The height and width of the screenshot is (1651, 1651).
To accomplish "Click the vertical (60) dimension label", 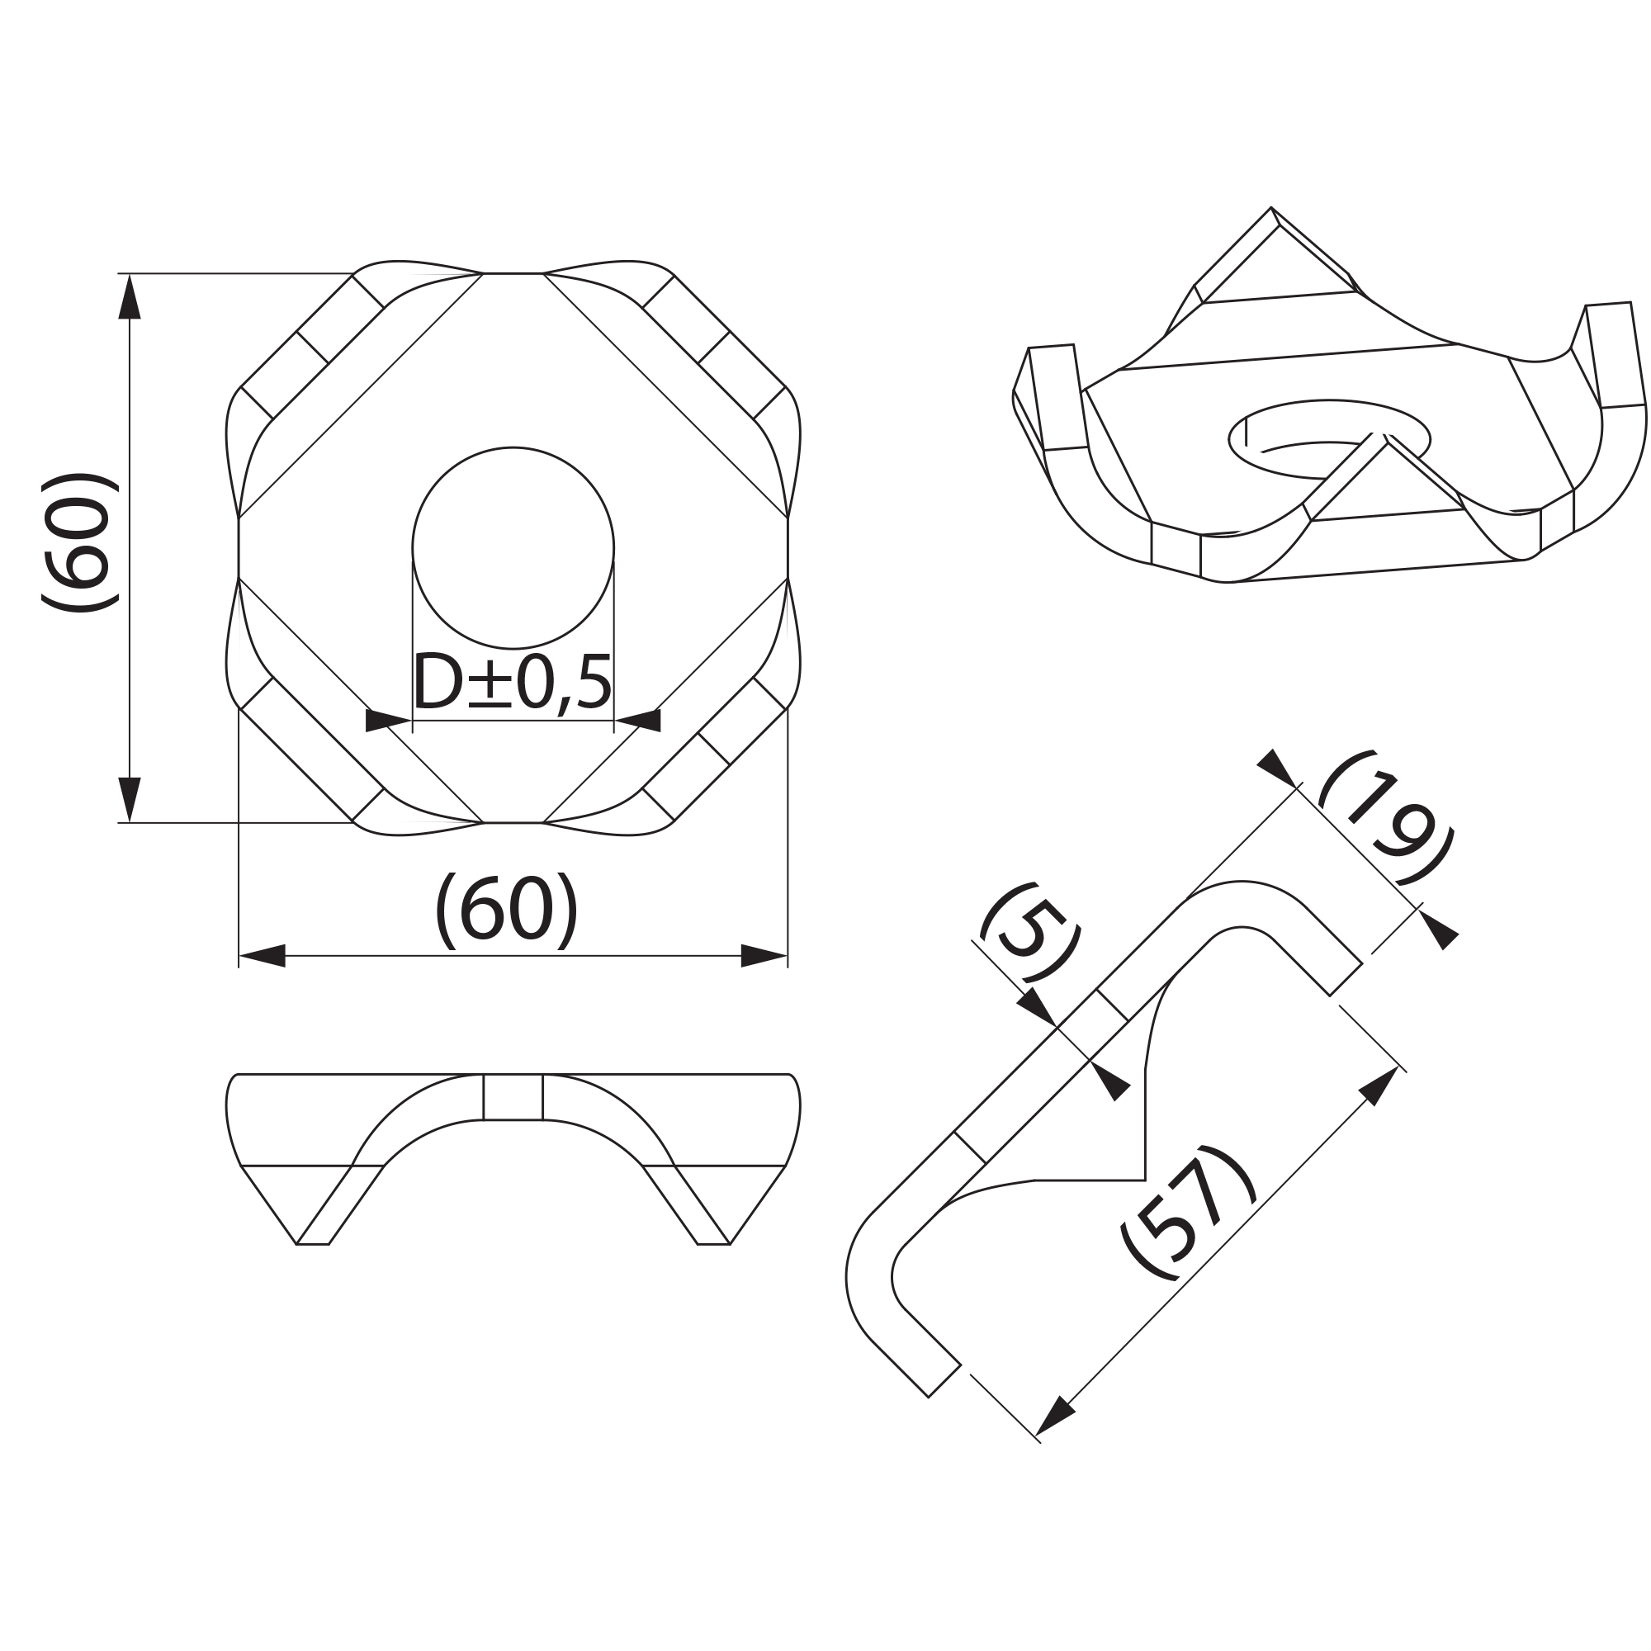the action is click(78, 542).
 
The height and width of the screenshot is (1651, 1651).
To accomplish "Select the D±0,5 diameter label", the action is click(512, 683).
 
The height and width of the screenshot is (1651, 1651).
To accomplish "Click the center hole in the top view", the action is click(513, 548).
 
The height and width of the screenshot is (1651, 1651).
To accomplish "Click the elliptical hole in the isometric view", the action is click(1329, 439).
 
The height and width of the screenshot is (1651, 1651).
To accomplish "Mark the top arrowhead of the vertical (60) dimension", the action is click(129, 296).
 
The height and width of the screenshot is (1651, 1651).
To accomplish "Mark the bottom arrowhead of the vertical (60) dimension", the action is click(129, 799).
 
